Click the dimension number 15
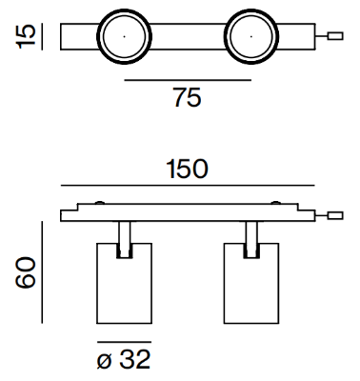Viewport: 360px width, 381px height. (x=26, y=36)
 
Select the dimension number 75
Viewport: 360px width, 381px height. (x=187, y=97)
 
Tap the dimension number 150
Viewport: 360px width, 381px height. (x=188, y=169)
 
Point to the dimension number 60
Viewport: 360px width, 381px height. (x=26, y=272)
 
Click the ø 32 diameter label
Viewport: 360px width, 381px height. (x=124, y=359)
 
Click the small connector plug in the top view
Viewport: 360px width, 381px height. (x=335, y=36)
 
